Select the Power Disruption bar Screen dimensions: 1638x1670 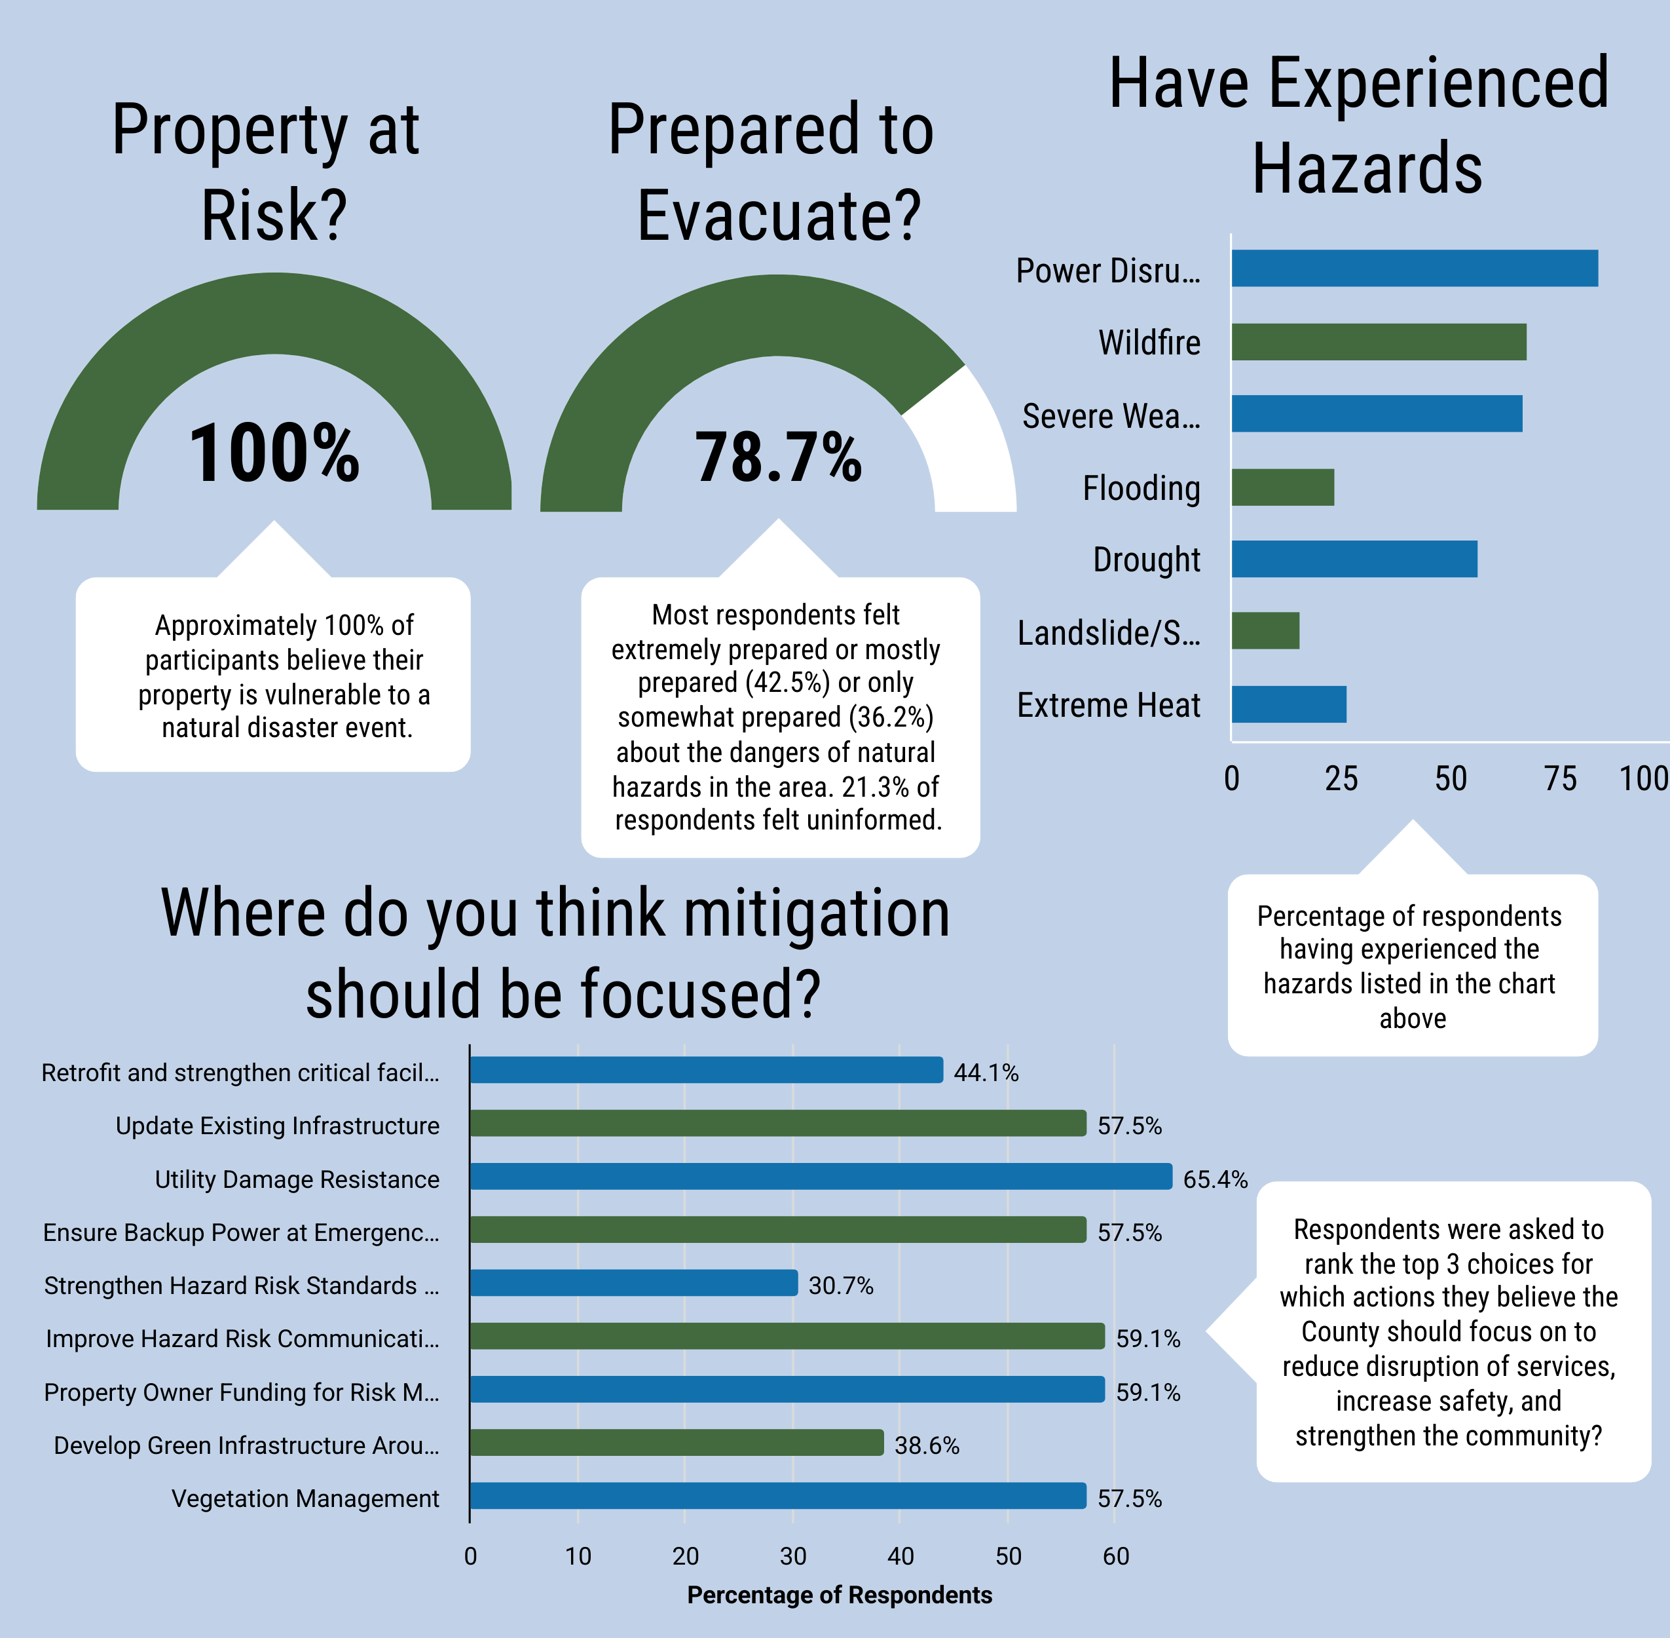(1415, 269)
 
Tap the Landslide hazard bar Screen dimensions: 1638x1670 (1265, 630)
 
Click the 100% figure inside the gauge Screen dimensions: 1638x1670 (274, 453)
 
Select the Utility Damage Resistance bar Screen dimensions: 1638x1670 (821, 1176)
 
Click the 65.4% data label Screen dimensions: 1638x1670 (1214, 1179)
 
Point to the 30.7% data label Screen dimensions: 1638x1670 (840, 1286)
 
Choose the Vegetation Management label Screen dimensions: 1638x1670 (305, 1498)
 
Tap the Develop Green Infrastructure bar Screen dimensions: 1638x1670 (677, 1443)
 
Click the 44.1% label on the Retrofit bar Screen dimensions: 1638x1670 (986, 1073)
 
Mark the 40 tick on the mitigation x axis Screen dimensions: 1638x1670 (900, 1555)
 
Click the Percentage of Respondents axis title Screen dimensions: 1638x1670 (840, 1595)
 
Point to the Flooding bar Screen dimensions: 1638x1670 (1282, 487)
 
